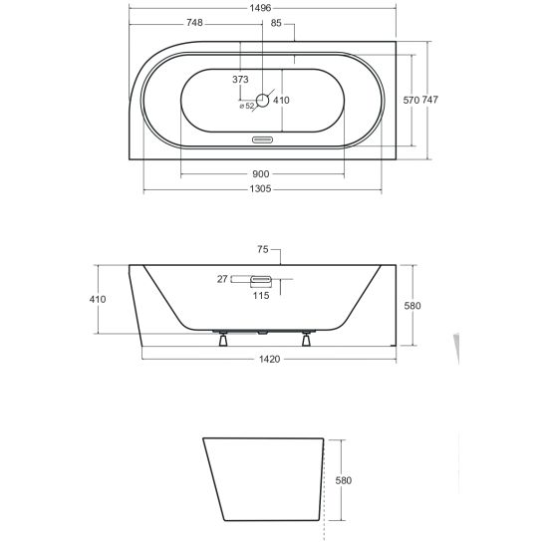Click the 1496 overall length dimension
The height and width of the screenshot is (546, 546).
(260, 8)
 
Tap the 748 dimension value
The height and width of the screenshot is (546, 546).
(194, 23)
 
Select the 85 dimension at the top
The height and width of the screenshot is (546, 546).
(276, 23)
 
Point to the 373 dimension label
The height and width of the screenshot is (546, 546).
(240, 80)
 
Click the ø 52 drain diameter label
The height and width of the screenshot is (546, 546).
(247, 106)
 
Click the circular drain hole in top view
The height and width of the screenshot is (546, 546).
(263, 101)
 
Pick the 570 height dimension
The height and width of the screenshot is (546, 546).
(410, 100)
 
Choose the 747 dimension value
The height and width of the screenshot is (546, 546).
(430, 100)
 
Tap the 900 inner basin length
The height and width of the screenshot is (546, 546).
(260, 173)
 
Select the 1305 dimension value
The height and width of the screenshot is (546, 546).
(260, 188)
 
